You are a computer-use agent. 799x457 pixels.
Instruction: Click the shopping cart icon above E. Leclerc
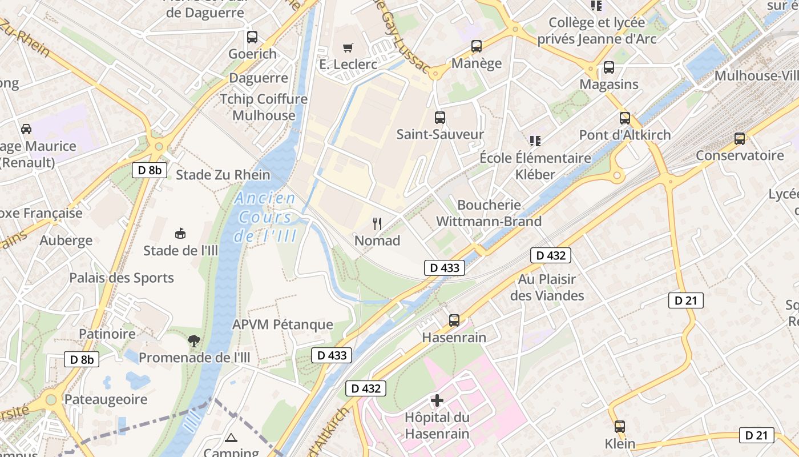[x=348, y=47]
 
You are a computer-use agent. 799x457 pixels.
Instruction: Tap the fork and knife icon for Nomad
[x=377, y=223]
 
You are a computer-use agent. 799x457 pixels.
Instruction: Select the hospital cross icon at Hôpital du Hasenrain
[x=437, y=400]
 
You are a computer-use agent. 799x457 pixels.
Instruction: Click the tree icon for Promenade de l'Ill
[x=194, y=341]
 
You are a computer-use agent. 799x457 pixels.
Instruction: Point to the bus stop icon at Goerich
[x=252, y=37]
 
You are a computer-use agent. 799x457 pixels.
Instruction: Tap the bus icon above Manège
[x=477, y=46]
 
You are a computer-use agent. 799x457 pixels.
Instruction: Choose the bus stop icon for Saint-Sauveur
[x=440, y=118]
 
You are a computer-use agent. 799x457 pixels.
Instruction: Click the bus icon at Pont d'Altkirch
[x=625, y=118]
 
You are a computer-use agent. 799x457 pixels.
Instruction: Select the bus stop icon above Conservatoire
[x=740, y=138]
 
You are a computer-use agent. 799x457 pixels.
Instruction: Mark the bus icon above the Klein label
[x=620, y=426]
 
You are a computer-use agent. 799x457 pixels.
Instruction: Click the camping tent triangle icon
[x=231, y=438]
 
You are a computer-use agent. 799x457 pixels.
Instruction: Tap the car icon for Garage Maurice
[x=26, y=129]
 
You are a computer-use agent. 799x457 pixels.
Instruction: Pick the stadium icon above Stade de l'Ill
[x=180, y=233]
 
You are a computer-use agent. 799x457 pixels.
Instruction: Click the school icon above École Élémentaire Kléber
[x=535, y=141]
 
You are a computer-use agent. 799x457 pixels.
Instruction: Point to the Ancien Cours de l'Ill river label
[x=265, y=217]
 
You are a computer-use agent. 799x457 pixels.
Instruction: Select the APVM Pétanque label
[x=283, y=324]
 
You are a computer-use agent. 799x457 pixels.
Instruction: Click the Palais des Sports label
[x=122, y=278]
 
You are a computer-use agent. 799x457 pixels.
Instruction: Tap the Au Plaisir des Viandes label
[x=547, y=287]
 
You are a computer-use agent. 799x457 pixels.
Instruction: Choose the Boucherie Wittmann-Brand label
[x=489, y=213]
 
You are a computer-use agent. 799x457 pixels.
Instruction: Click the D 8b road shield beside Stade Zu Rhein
[x=150, y=170]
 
